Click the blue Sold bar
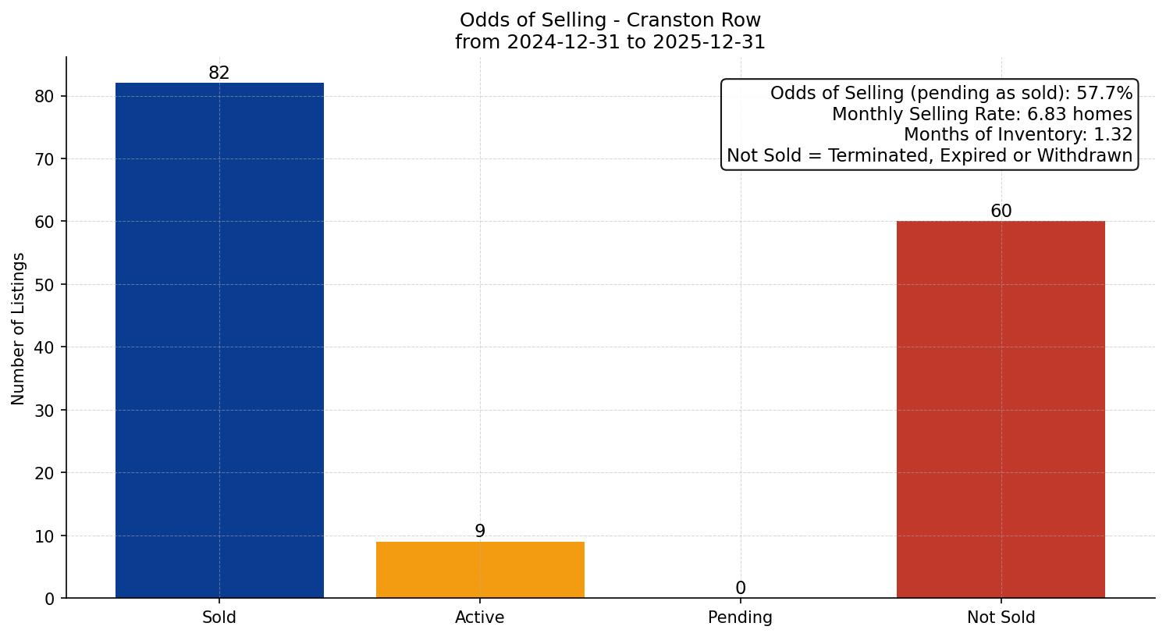(219, 340)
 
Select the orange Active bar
(480, 570)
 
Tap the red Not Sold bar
(1001, 410)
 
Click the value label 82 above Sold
(219, 73)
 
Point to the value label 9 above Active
(480, 532)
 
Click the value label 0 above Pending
(741, 589)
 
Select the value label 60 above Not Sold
(1001, 212)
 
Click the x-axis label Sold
(219, 617)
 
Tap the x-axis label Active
(480, 617)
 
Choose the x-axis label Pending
(740, 617)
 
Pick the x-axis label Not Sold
(1001, 617)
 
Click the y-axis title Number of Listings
(19, 329)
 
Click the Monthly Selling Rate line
(982, 114)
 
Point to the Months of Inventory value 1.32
(1113, 135)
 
